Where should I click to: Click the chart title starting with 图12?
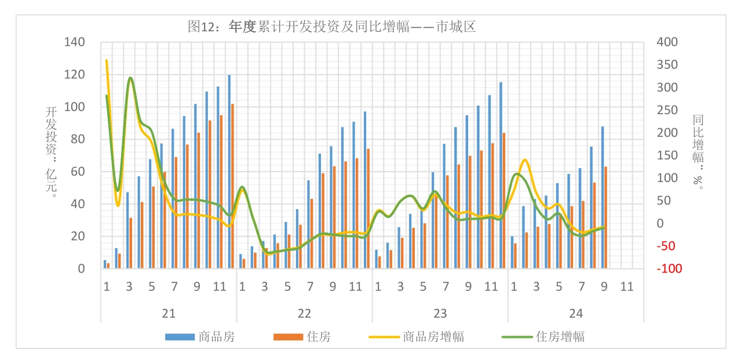332,26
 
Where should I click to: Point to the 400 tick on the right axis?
666,42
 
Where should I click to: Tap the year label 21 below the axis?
169,314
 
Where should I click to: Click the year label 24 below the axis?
576,314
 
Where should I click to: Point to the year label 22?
304,314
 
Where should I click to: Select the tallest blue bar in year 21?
229,172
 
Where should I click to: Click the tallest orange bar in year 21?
233,186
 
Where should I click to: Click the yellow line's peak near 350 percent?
107,60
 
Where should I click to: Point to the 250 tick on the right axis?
666,110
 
